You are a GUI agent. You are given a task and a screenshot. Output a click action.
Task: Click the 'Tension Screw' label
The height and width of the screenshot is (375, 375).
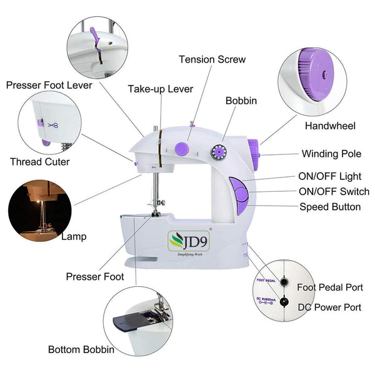[x=212, y=60]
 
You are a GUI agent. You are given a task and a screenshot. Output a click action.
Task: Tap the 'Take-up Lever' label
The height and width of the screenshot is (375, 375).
[x=160, y=89]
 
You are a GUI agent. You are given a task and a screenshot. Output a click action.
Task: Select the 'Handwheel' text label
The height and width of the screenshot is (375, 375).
[x=330, y=126]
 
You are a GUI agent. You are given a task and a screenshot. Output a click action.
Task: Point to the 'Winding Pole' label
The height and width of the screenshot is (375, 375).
[x=331, y=154]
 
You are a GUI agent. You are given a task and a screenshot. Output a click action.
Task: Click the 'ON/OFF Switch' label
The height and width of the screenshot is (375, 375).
[x=334, y=192]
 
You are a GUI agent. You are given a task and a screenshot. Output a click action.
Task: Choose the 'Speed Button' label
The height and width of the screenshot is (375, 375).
[x=330, y=206]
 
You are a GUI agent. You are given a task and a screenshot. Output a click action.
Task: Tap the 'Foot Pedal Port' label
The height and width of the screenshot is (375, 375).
[x=330, y=288]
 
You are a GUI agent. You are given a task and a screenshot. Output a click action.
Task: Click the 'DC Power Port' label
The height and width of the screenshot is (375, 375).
[x=329, y=307]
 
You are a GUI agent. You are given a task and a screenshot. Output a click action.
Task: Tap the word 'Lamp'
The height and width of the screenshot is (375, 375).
[x=74, y=237]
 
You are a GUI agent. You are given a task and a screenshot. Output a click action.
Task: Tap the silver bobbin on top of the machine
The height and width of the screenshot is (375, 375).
[x=219, y=151]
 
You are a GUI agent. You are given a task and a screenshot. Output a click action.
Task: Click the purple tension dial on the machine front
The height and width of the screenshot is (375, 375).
[x=182, y=148]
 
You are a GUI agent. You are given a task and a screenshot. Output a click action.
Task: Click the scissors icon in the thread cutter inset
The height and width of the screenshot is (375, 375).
[x=52, y=124]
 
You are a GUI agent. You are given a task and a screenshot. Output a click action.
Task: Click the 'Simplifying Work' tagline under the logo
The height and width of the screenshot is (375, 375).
[x=185, y=254]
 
